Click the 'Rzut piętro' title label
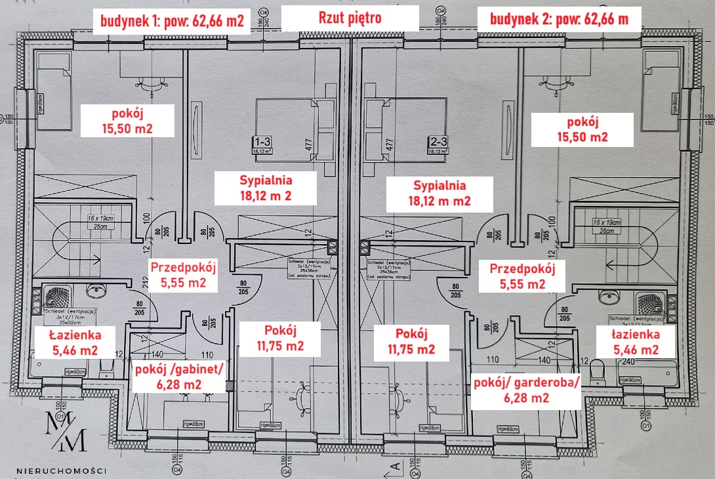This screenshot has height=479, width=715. [x=350, y=18]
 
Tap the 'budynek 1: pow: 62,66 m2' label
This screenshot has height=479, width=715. [x=172, y=20]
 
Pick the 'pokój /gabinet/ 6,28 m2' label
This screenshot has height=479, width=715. [x=179, y=377]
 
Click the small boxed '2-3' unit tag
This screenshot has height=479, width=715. [x=438, y=141]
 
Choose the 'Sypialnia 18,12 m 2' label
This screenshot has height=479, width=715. [x=265, y=187]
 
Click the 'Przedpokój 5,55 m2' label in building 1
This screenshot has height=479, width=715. [x=183, y=276]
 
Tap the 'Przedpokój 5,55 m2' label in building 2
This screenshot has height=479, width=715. [x=522, y=276]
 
